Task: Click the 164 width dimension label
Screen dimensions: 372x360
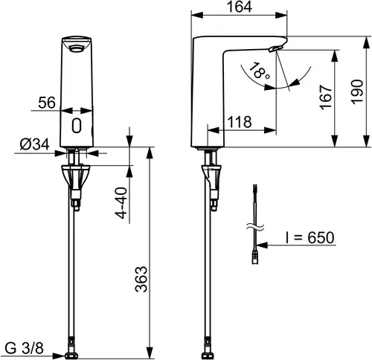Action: point(240,7)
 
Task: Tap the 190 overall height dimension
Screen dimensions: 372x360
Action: point(357,91)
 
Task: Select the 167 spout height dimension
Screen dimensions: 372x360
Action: point(326,97)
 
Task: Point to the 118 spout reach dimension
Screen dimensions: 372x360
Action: point(240,122)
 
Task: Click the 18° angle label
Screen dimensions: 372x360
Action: point(259,71)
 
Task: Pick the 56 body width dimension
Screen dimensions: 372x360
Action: point(47,103)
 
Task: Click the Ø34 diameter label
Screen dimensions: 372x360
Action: point(35,144)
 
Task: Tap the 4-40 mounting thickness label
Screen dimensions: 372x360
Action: point(122,203)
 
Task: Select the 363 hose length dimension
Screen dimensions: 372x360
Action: point(141,279)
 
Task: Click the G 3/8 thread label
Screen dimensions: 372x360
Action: point(25,348)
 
